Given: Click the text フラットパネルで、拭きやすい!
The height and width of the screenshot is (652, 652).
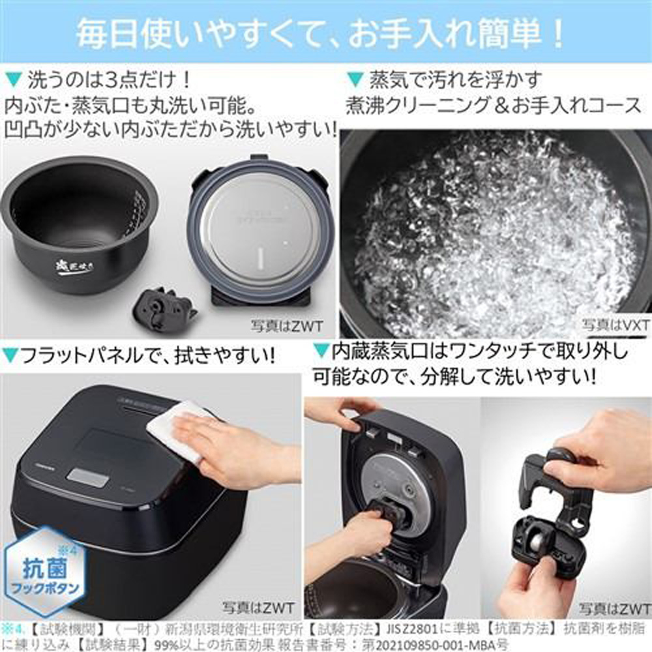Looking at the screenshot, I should click(x=140, y=356).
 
